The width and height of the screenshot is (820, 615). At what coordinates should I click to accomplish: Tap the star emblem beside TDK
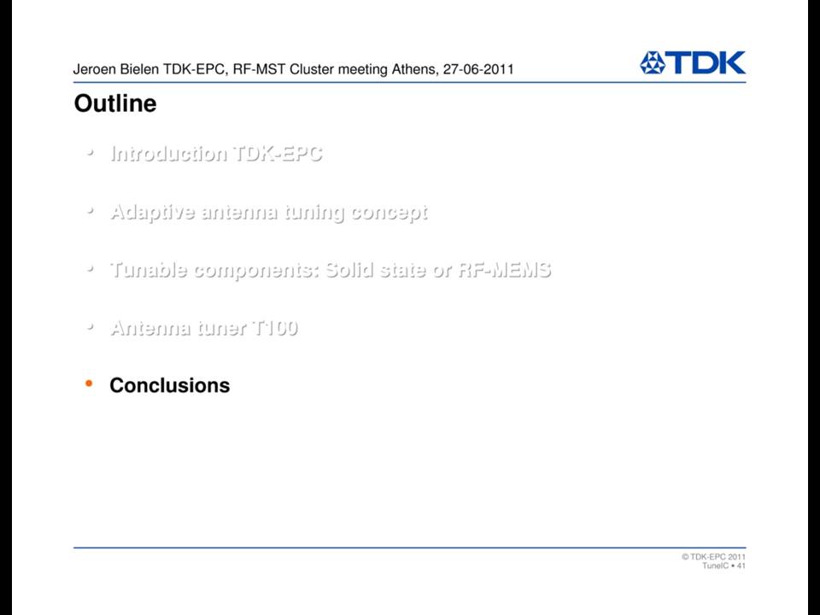click(x=652, y=62)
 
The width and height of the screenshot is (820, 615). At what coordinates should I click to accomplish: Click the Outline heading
click(x=115, y=103)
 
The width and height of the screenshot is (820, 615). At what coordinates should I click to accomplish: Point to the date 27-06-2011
click(x=478, y=69)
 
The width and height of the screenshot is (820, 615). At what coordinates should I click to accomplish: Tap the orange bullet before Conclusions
click(x=89, y=384)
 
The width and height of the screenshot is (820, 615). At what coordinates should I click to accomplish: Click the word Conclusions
click(x=170, y=385)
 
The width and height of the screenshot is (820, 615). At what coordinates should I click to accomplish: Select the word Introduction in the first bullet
click(x=169, y=153)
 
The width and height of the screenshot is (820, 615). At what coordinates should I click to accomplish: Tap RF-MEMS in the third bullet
click(x=505, y=270)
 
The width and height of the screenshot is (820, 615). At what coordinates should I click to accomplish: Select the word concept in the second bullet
click(x=389, y=213)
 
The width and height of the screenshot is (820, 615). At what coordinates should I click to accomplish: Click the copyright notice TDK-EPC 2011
click(x=714, y=556)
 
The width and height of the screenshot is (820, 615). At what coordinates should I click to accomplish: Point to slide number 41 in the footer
click(x=741, y=565)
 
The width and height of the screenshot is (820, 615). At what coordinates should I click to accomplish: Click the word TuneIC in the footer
click(x=716, y=565)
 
